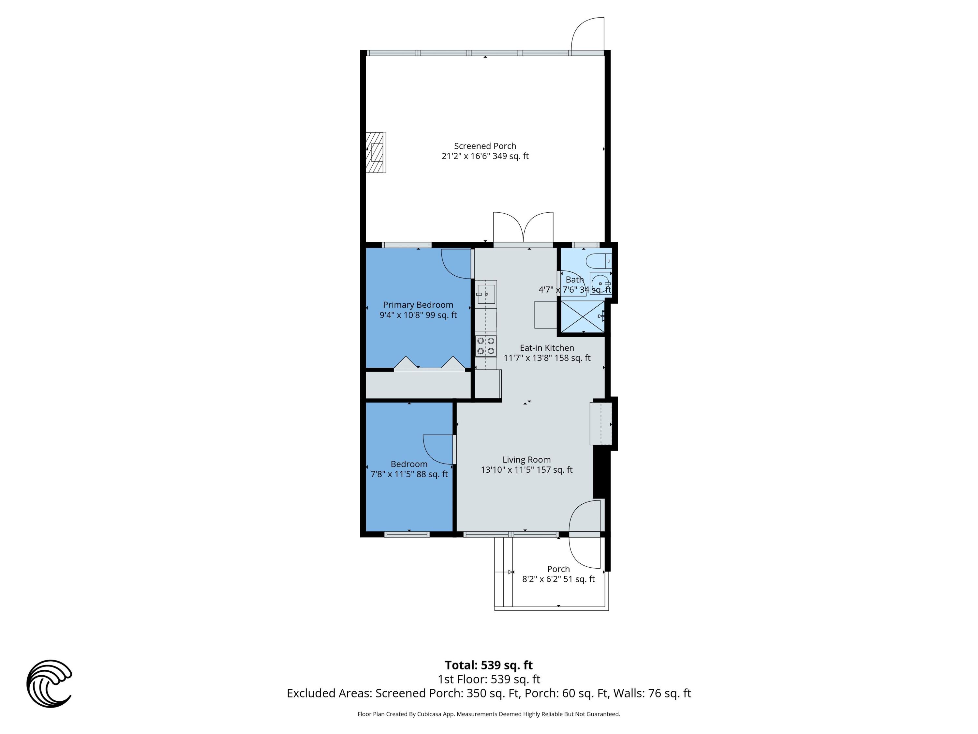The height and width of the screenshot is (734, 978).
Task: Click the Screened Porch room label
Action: click(485, 146)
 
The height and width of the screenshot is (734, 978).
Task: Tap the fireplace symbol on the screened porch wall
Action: click(376, 152)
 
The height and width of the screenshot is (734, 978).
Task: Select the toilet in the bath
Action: click(598, 261)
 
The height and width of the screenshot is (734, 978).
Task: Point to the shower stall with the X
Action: click(582, 316)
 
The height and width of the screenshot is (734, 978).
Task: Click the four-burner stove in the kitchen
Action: click(485, 346)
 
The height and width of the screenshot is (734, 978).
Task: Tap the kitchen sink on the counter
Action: click(486, 294)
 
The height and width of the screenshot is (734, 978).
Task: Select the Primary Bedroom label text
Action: click(418, 305)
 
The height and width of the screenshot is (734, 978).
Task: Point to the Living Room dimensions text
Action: click(526, 470)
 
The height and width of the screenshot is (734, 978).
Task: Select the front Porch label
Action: click(558, 569)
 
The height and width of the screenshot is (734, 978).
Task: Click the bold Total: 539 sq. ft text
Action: click(489, 665)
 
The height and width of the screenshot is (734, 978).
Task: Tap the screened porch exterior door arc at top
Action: click(587, 35)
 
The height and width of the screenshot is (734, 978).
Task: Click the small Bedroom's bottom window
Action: click(407, 534)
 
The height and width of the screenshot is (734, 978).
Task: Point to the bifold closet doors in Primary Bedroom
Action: click(429, 363)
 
